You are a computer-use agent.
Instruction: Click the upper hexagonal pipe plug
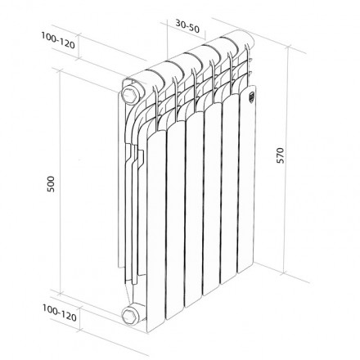pyautogui.click(x=128, y=92)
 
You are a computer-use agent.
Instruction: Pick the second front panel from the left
pyautogui.click(x=175, y=217)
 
